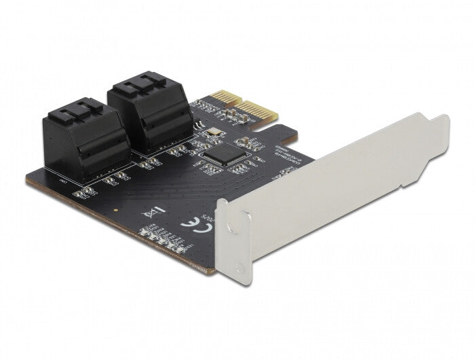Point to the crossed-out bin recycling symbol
[x=153, y=213]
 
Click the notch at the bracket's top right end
[x=442, y=121]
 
